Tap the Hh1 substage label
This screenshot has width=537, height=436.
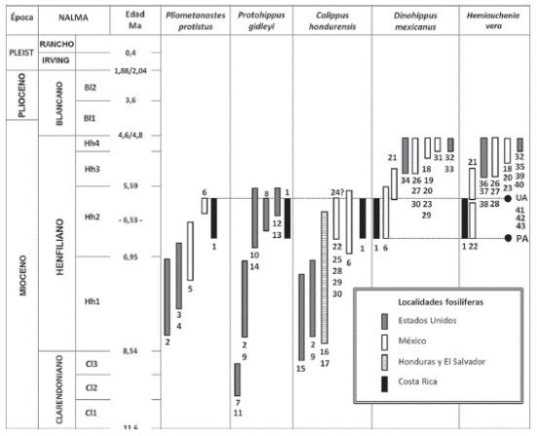coord(92,302)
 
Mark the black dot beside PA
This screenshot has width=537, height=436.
coord(508,238)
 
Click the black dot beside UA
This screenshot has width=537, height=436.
coord(508,199)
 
